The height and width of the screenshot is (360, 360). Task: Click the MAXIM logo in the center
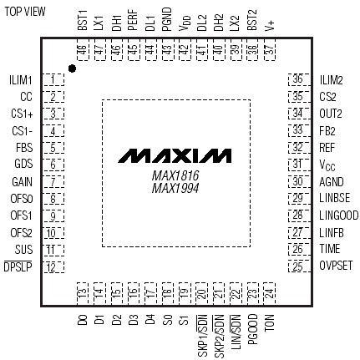tap(175, 156)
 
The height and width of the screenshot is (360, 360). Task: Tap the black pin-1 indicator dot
tap(73, 68)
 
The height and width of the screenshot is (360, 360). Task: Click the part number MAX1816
tap(175, 176)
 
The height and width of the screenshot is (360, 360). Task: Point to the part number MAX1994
tap(175, 190)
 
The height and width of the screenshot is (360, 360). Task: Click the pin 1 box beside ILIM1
tap(55, 80)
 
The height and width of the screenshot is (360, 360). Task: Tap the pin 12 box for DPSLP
tap(55, 267)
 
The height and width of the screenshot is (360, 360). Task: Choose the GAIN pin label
tap(23, 182)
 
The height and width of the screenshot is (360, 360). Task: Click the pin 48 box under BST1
tap(83, 51)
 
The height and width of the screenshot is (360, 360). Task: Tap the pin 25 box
tap(297, 267)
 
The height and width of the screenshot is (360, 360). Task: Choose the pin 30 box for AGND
tap(297, 182)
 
